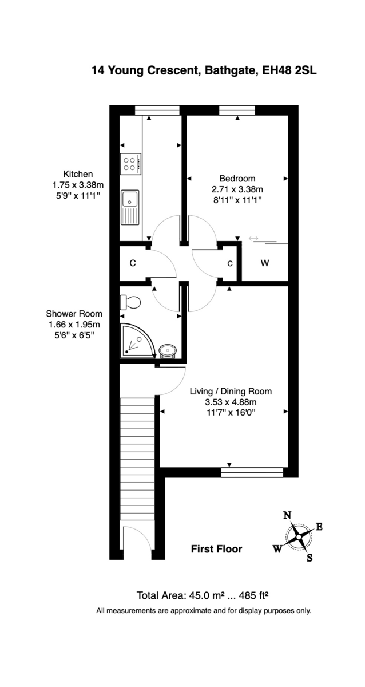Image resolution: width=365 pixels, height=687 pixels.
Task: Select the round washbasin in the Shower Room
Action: pyautogui.click(x=167, y=349)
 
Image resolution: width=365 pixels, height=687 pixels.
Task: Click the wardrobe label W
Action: pyautogui.click(x=264, y=263)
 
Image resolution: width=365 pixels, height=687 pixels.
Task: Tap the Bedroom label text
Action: pyautogui.click(x=237, y=178)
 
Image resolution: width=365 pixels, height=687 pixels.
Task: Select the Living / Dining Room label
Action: pyautogui.click(x=230, y=392)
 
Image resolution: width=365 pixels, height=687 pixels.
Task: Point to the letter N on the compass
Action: pyautogui.click(x=287, y=515)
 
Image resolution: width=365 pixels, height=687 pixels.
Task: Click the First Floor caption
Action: pyautogui.click(x=216, y=549)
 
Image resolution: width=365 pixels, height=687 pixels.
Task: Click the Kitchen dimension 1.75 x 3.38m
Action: pyautogui.click(x=77, y=185)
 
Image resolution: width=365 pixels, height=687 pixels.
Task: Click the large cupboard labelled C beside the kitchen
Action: pyautogui.click(x=133, y=263)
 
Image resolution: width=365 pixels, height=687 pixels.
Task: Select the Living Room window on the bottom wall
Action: pyautogui.click(x=252, y=472)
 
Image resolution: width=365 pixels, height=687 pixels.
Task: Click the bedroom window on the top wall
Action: pyautogui.click(x=237, y=110)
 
